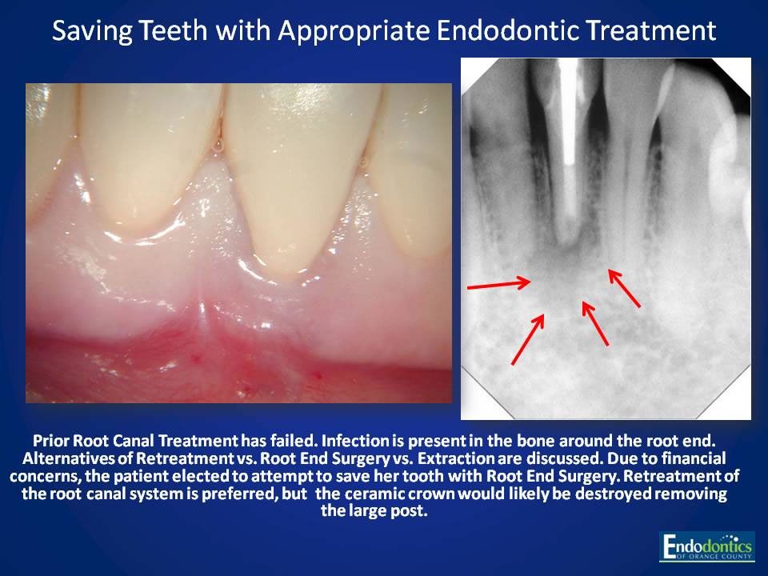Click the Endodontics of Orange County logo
tap(706, 546)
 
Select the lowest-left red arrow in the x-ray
tap(528, 338)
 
